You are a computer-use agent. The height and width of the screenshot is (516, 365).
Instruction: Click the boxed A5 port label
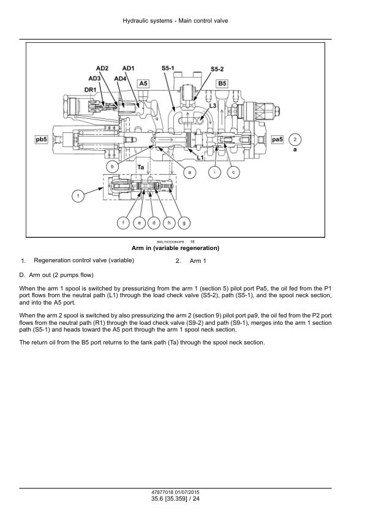click(x=143, y=83)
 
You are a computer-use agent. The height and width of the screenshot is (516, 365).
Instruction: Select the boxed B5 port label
click(x=222, y=83)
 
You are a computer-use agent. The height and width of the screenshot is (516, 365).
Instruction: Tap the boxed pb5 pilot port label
click(x=41, y=140)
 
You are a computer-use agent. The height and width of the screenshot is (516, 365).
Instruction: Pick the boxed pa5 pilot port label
click(x=277, y=140)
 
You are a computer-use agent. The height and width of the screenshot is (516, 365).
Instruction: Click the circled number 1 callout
click(x=78, y=197)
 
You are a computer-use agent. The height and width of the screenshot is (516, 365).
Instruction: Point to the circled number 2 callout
click(x=295, y=139)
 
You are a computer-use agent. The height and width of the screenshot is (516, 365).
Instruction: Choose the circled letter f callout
click(x=123, y=223)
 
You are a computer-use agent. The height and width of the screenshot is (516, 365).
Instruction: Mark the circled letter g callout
click(x=184, y=223)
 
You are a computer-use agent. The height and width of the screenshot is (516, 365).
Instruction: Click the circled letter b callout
click(x=113, y=167)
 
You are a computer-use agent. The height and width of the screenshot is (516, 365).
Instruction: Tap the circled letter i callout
click(x=215, y=172)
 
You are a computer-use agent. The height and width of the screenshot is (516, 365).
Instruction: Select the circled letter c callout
click(x=233, y=172)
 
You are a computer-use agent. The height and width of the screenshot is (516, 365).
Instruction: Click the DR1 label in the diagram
click(x=90, y=89)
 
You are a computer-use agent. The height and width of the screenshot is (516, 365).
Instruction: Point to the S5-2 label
click(x=217, y=69)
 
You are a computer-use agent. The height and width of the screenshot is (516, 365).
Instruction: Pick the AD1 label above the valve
click(x=128, y=68)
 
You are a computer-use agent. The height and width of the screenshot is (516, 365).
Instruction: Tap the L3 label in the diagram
click(x=213, y=105)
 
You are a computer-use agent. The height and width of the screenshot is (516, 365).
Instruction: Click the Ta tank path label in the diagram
click(x=141, y=167)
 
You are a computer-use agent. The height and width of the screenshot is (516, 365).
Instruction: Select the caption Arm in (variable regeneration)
click(x=175, y=248)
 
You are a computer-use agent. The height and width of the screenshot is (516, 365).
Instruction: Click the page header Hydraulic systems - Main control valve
click(x=175, y=21)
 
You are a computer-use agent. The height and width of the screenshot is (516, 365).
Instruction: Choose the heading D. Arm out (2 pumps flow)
click(x=56, y=275)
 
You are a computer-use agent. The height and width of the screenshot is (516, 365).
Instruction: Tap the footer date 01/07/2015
click(x=187, y=492)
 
